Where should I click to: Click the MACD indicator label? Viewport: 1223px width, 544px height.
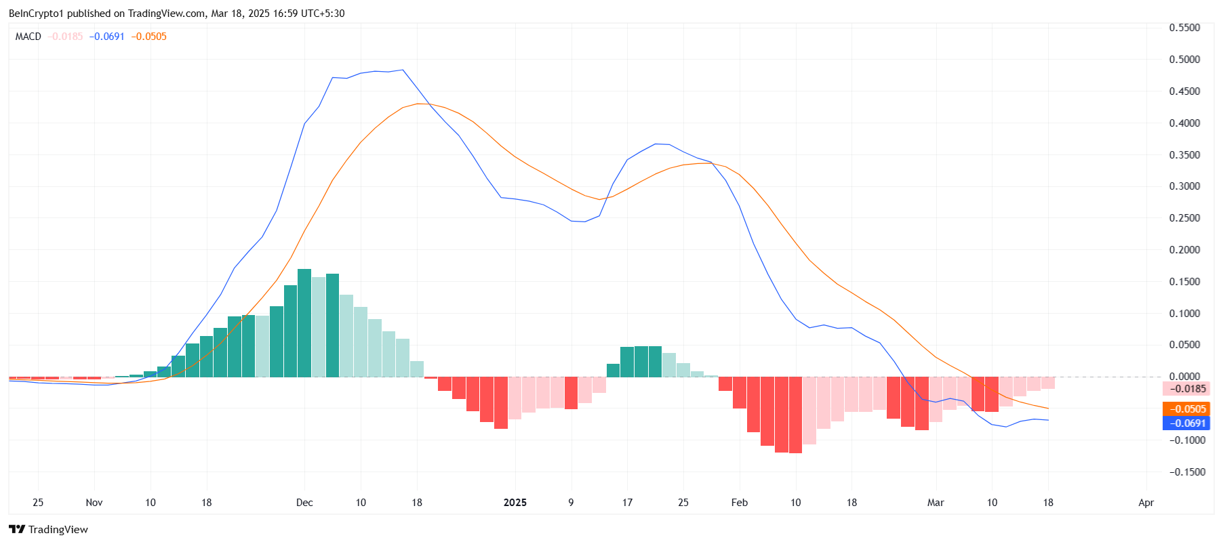(x=28, y=37)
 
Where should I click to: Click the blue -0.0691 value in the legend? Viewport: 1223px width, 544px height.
(x=107, y=37)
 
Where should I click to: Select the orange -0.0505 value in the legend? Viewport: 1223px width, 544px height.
(x=149, y=37)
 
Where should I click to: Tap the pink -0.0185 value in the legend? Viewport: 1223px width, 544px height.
(x=66, y=37)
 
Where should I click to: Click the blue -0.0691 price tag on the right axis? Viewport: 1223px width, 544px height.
(x=1186, y=423)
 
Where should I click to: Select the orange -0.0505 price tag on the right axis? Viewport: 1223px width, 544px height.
(x=1186, y=409)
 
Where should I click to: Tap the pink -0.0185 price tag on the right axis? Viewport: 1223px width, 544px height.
(x=1186, y=389)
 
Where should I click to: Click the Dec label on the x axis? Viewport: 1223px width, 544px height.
(x=304, y=503)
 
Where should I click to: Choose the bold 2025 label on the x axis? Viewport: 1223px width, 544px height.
(x=515, y=503)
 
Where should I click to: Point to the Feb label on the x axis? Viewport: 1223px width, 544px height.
(x=740, y=503)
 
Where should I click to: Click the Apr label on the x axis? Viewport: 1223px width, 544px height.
(x=1146, y=503)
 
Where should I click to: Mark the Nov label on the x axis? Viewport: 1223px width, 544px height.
(x=94, y=503)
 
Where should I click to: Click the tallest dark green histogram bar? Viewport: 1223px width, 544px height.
(x=304, y=323)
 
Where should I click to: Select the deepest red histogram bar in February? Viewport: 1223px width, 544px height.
(x=795, y=415)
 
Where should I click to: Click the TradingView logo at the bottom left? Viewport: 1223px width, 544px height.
(x=48, y=530)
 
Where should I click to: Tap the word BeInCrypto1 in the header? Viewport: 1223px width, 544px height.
(x=36, y=14)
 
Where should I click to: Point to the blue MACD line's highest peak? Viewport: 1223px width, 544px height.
(x=403, y=70)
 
